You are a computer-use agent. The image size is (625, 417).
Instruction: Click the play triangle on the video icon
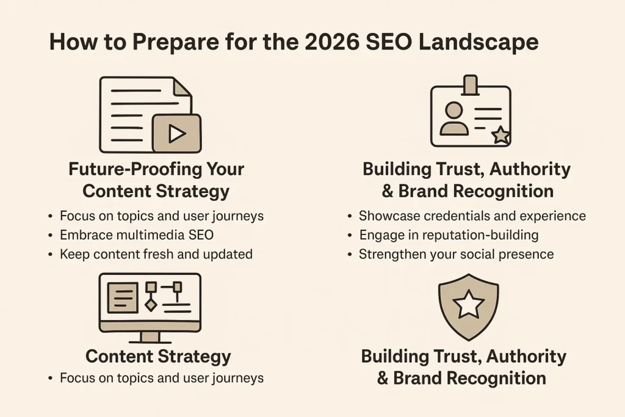pyautogui.click(x=176, y=134)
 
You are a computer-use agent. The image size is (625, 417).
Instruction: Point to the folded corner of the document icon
pyautogui.click(x=182, y=87)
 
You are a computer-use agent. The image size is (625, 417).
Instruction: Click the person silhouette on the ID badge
pyautogui.click(x=453, y=119)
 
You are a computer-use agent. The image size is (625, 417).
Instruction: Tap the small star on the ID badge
pyautogui.click(x=500, y=136)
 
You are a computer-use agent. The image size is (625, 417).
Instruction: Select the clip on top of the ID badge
pyautogui.click(x=470, y=84)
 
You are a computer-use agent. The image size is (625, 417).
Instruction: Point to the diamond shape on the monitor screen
pyautogui.click(x=151, y=304)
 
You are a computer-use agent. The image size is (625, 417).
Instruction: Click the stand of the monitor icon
pyautogui.click(x=150, y=336)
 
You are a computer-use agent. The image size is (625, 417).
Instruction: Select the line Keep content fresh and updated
pyautogui.click(x=156, y=254)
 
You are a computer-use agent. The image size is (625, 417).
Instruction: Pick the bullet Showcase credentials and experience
pyautogui.click(x=472, y=216)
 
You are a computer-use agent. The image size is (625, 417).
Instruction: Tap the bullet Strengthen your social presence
pyautogui.click(x=456, y=254)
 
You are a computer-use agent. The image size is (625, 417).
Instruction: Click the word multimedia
pyautogui.click(x=154, y=235)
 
